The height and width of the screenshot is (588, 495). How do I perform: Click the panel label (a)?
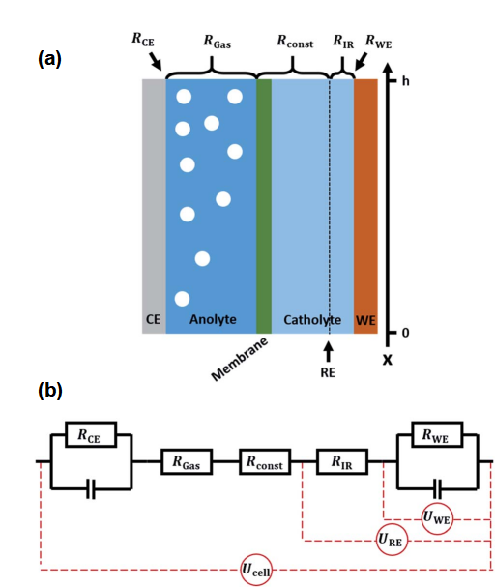49,59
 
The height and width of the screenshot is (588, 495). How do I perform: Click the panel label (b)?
50,391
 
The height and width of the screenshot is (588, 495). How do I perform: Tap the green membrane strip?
264,206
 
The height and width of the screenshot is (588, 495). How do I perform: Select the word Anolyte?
213,319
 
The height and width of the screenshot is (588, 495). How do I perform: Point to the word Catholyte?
312,320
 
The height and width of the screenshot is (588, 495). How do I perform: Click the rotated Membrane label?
240,359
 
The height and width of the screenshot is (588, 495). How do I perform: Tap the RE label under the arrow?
328,372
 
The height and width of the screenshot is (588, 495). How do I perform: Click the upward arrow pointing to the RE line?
328,352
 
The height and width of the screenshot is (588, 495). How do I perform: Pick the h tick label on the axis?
405,81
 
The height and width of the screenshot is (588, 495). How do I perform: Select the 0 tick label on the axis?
405,333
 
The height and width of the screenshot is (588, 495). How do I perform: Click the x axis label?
388,360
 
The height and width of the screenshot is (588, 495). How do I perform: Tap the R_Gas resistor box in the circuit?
187,461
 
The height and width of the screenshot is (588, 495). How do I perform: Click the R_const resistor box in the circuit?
265,461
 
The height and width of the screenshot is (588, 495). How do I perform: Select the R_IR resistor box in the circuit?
342,461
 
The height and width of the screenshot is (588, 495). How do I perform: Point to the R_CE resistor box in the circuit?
91,434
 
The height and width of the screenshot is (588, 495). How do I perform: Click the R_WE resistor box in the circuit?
437,434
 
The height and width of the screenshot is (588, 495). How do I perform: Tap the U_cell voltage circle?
256,570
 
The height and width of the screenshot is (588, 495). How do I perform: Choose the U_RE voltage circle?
392,540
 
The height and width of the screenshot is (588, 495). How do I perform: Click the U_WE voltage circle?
437,518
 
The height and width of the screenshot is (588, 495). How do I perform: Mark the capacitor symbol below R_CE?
90,488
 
